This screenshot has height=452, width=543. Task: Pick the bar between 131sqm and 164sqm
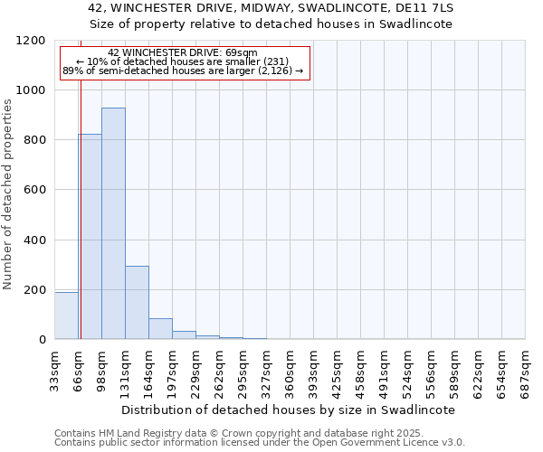pyautogui.click(x=137, y=303)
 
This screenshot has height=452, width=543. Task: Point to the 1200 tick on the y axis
pyautogui.click(x=35, y=41)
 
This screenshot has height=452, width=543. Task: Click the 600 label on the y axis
pyautogui.click(x=35, y=190)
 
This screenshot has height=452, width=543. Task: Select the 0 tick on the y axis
pyautogui.click(x=43, y=340)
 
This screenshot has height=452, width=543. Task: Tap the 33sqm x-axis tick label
pyautogui.click(x=55, y=366)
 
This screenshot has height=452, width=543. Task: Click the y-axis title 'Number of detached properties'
pyautogui.click(x=8, y=194)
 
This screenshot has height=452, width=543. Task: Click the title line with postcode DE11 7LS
pyautogui.click(x=271, y=8)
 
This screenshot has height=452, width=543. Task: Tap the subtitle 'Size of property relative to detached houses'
pyautogui.click(x=271, y=24)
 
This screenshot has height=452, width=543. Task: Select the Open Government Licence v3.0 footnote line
pyautogui.click(x=260, y=443)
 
